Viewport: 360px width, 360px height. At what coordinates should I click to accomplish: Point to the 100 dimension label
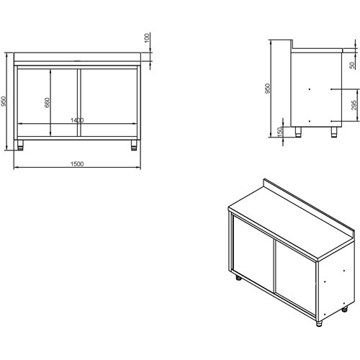pyautogui.click(x=146, y=38)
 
